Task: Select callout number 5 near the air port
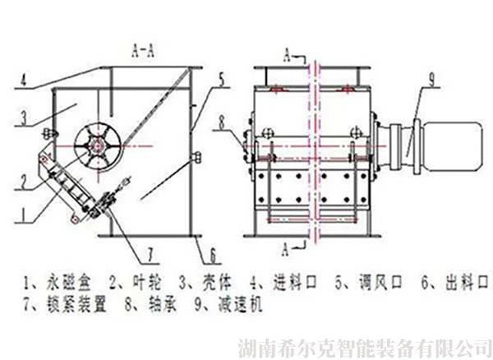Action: (221, 80)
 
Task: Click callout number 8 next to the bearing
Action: (222, 122)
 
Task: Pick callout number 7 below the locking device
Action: (150, 255)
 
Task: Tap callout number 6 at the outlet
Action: (213, 256)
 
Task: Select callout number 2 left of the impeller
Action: (24, 182)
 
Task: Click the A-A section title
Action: (143, 51)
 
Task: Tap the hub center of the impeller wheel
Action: (98, 145)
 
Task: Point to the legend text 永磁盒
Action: (69, 283)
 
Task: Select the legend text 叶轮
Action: (147, 283)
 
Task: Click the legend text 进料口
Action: (295, 283)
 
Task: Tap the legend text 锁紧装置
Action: (76, 304)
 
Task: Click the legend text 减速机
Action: (240, 304)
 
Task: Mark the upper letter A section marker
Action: (287, 56)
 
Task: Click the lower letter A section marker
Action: (285, 249)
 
